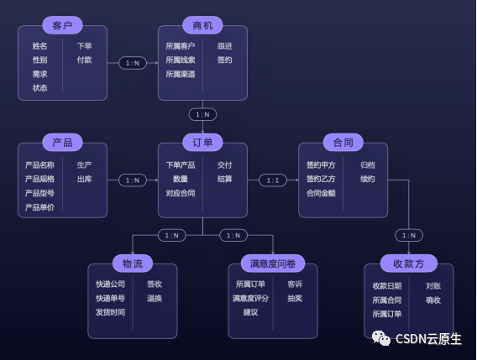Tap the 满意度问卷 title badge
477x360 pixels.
pyautogui.click(x=274, y=263)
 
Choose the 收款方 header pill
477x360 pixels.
pyautogui.click(x=409, y=263)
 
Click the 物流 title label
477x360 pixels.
pyautogui.click(x=133, y=263)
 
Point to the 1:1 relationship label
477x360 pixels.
pyautogui.click(x=273, y=180)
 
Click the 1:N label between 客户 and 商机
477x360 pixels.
pyautogui.click(x=133, y=62)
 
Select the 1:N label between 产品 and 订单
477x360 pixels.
pyautogui.click(x=133, y=180)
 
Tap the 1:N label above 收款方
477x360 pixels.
pyautogui.click(x=409, y=235)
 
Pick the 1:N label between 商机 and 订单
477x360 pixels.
pyautogui.click(x=202, y=114)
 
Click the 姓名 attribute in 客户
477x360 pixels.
pyautogui.click(x=39, y=46)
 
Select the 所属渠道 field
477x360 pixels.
pyautogui.click(x=181, y=74)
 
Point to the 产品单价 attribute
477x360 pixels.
pyautogui.click(x=39, y=207)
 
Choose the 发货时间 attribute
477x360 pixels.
pyautogui.click(x=110, y=312)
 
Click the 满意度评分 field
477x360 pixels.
pyautogui.click(x=250, y=298)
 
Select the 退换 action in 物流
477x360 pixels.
pyautogui.click(x=155, y=298)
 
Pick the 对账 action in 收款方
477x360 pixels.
pyautogui.click(x=433, y=285)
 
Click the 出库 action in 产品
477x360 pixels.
pyautogui.click(x=85, y=179)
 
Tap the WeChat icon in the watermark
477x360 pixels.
pyautogui.click(x=383, y=338)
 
